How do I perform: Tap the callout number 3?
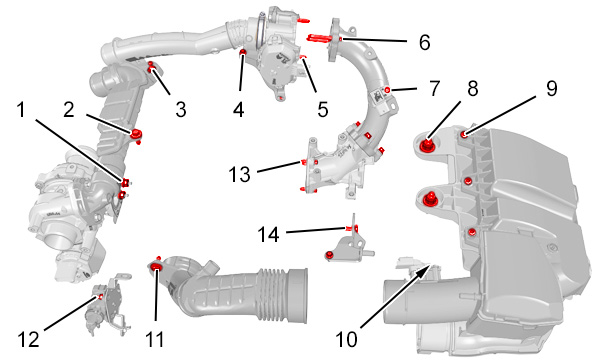click(181, 109)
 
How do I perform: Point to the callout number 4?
click(238, 109)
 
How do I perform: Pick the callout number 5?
click(322, 109)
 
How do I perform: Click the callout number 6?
click(424, 42)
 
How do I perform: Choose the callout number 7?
click(434, 88)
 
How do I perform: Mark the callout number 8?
click(473, 88)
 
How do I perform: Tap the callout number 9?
click(551, 88)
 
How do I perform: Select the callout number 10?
click(347, 339)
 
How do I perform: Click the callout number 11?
click(155, 339)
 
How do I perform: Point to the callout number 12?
click(29, 339)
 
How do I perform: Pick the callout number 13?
click(239, 174)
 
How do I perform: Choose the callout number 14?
click(268, 235)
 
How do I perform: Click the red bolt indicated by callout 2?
click(136, 133)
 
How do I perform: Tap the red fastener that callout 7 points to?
click(388, 90)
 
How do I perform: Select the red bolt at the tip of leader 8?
click(426, 145)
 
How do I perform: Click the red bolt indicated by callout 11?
click(157, 267)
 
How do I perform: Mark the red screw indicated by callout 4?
click(243, 53)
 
